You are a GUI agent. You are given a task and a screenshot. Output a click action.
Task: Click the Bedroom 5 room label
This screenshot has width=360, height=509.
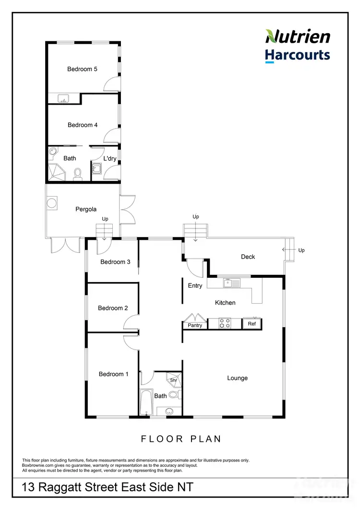pos(82,69)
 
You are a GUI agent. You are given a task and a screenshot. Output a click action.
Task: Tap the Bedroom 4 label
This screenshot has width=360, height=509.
pos(83,125)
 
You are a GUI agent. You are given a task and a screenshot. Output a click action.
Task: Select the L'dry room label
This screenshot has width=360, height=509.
pos(110,158)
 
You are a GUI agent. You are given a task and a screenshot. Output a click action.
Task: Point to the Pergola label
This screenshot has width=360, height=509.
pos(86,209)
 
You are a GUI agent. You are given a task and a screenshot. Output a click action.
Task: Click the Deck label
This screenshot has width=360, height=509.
pos(248,257)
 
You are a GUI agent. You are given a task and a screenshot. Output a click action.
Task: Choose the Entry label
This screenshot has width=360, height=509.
pos(195,285)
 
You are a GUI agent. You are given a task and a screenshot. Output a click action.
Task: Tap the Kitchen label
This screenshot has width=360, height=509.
pos(225,303)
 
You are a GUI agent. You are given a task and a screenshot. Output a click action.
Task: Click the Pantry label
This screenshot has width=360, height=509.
pos(195,325)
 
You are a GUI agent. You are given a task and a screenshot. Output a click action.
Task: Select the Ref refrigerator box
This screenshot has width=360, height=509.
pos(252,324)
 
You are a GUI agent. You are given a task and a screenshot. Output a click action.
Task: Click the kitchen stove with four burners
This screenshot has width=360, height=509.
pos(224,323)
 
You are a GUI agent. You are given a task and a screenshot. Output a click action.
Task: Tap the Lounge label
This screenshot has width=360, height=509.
pos(237,378)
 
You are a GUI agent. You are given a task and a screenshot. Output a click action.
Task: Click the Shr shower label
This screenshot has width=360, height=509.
pos(173,380)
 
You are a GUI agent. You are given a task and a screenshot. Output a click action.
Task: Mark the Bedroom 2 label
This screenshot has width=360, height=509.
pos(113,308)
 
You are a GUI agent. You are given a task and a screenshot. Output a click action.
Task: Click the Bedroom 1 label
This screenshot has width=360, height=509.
pos(113,374)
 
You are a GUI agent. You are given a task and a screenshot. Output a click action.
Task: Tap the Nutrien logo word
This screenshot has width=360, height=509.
pos(298,36)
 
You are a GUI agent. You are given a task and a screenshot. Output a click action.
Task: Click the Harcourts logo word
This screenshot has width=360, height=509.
pos(298,55)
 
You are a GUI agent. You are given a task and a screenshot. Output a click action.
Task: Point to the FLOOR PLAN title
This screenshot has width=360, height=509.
pos(180,438)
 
